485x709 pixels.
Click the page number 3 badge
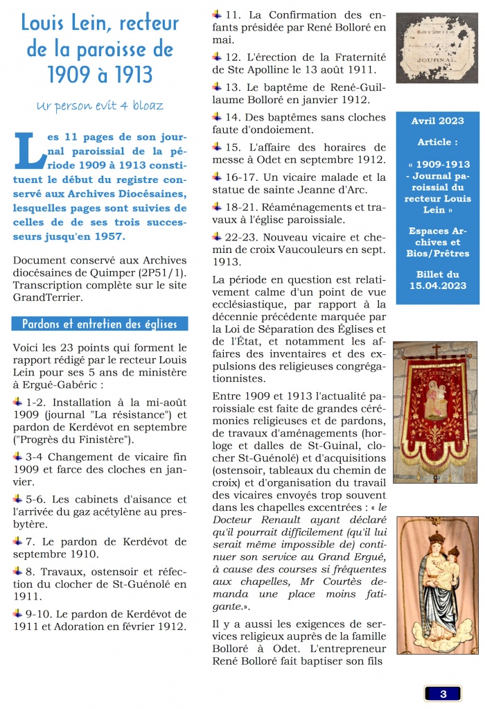tap(443, 693)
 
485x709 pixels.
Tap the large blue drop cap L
tap(30, 150)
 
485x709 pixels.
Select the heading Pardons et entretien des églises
tap(99, 324)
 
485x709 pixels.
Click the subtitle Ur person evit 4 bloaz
tap(100, 105)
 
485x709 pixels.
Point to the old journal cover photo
tap(436, 48)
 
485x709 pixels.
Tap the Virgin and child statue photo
tap(436, 585)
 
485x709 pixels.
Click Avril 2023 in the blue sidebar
tap(437, 121)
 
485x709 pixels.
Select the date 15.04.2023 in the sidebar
tap(437, 286)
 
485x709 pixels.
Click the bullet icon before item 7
tap(18, 539)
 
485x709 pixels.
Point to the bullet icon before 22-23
tap(218, 236)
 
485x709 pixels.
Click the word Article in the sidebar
tap(436, 142)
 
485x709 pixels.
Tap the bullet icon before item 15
tap(218, 147)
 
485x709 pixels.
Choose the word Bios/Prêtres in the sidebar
tap(437, 254)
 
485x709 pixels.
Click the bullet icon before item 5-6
tap(18, 498)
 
